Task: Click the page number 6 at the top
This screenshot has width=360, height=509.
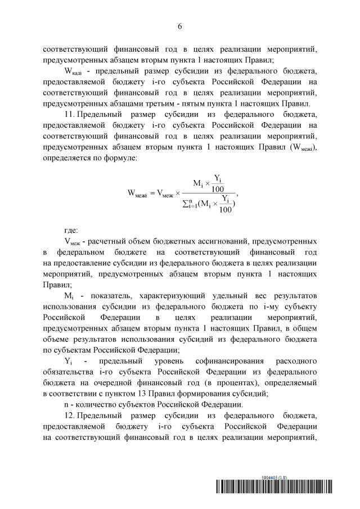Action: (180, 26)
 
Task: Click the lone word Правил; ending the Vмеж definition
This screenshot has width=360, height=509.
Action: (57, 284)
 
